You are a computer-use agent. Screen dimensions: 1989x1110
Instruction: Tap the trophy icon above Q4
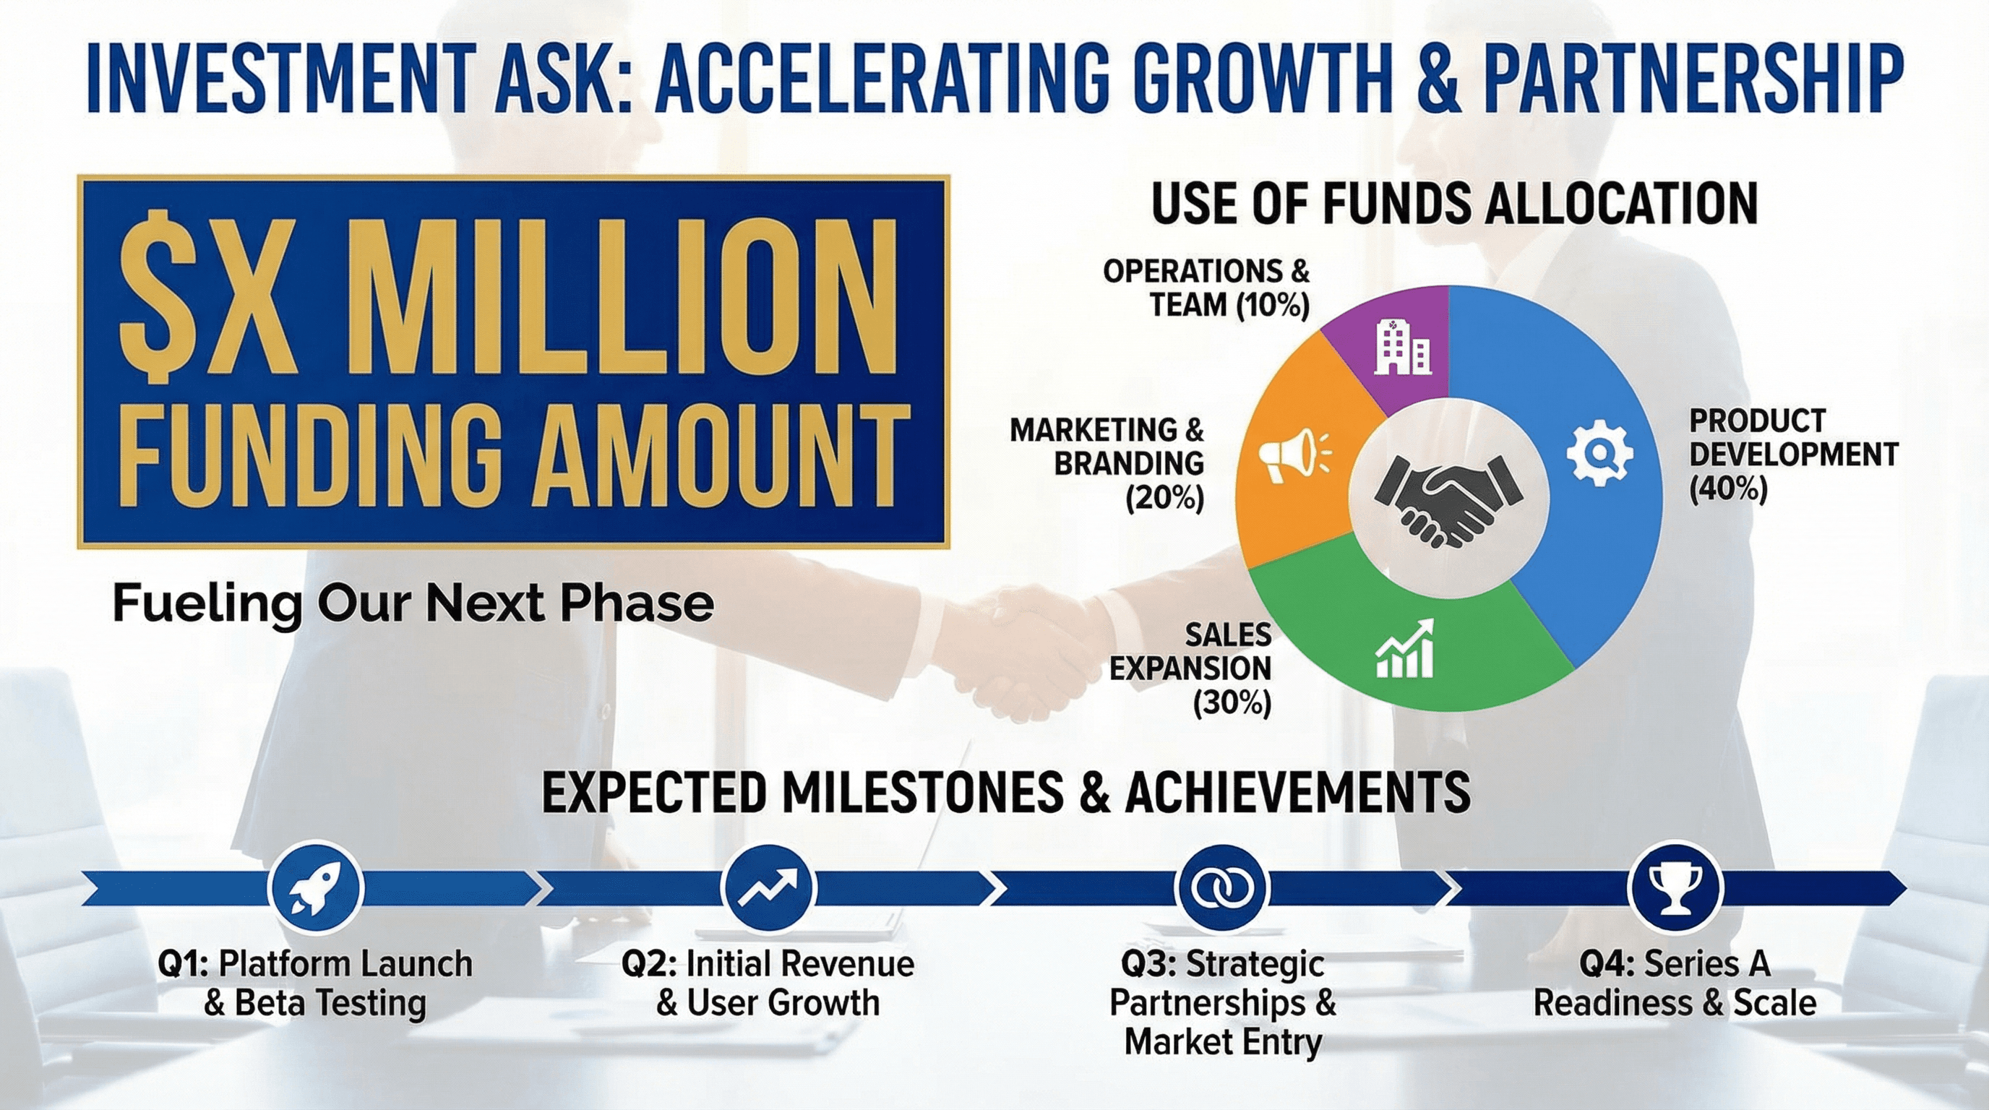[x=1675, y=887]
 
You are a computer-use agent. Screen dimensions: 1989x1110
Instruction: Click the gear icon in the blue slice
[x=1600, y=455]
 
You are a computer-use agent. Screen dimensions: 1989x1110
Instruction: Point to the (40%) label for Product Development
[x=1729, y=489]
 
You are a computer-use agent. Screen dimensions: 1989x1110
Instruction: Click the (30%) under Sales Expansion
[x=1232, y=704]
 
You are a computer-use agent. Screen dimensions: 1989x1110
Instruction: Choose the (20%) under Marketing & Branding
[x=1164, y=499]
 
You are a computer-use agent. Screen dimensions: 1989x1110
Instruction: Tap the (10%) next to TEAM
[x=1273, y=306]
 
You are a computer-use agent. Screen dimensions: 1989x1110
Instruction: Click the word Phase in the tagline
[x=637, y=603]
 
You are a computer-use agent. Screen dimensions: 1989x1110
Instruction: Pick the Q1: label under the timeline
[x=183, y=965]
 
